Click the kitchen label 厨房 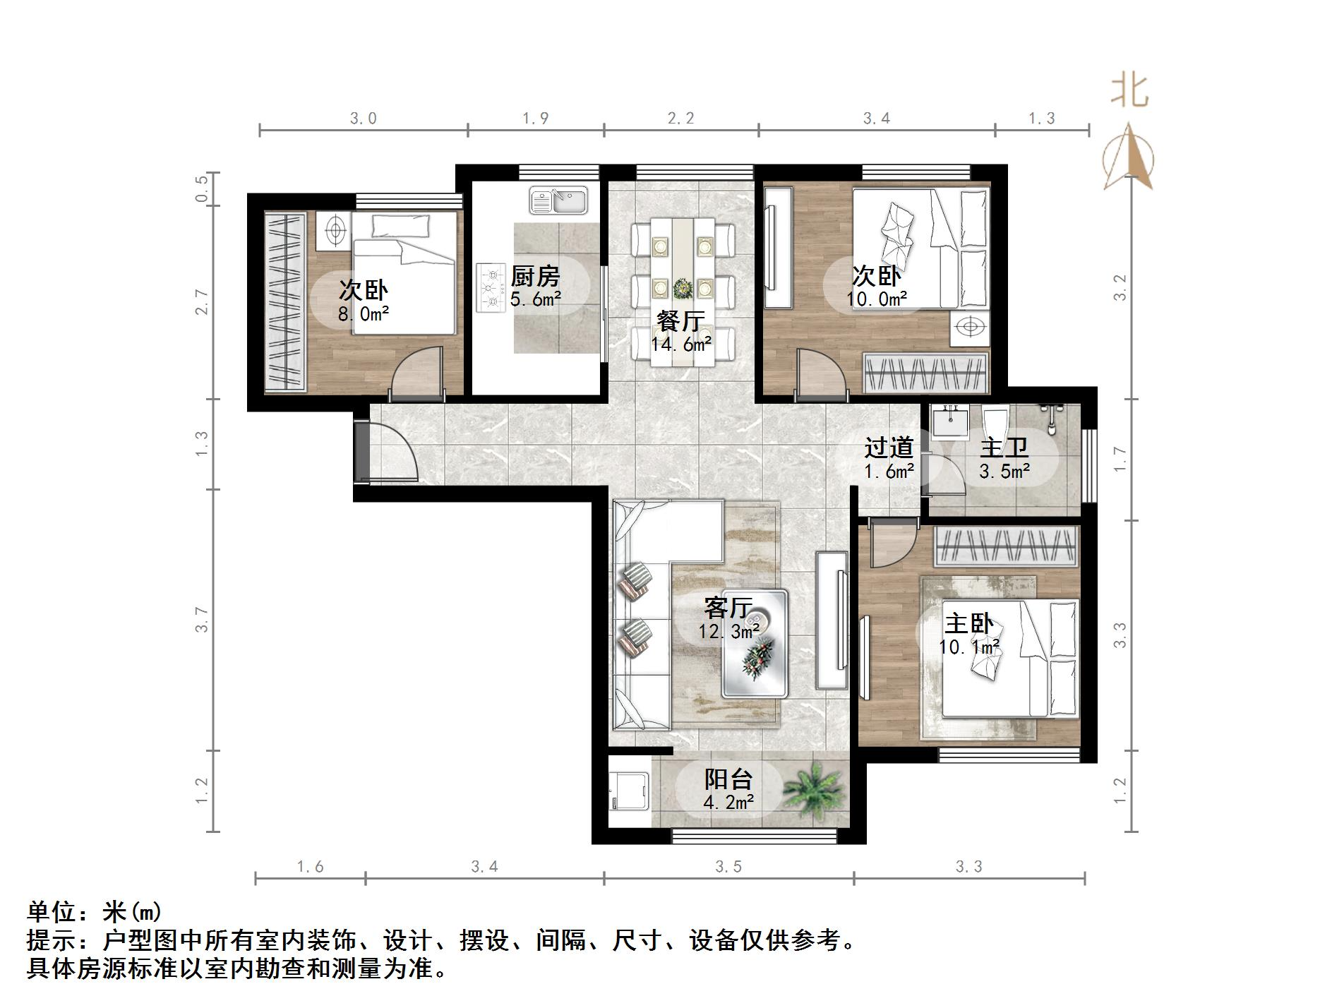click(x=535, y=276)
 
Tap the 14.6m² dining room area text click(x=681, y=344)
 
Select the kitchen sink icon click(x=558, y=200)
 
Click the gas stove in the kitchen click(x=491, y=288)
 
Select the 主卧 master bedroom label click(x=969, y=623)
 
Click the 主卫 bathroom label click(x=1004, y=448)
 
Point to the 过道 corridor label click(x=889, y=448)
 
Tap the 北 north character click(x=1129, y=91)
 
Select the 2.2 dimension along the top click(x=681, y=118)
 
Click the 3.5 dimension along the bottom click(x=728, y=866)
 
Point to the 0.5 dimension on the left click(x=202, y=188)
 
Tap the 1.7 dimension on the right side click(x=1120, y=460)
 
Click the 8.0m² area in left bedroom click(x=364, y=314)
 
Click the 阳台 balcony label click(x=728, y=779)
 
